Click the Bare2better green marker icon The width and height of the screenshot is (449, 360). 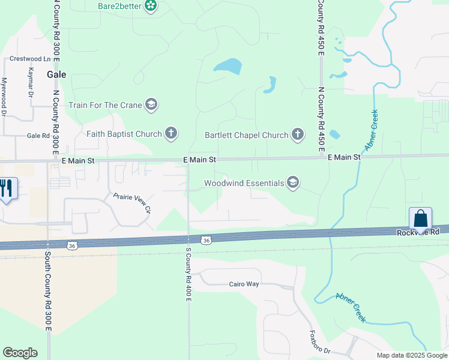151,7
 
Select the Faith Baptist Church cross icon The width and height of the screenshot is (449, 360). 171,133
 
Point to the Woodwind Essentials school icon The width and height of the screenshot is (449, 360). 293,183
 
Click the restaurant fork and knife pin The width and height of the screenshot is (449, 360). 5,188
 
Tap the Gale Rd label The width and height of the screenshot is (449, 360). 38,136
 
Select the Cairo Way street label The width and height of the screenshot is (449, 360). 244,284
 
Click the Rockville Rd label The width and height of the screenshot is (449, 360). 418,232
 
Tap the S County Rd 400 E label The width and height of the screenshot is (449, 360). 188,277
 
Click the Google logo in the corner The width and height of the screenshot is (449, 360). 20,353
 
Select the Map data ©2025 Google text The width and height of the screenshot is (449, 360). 412,355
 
